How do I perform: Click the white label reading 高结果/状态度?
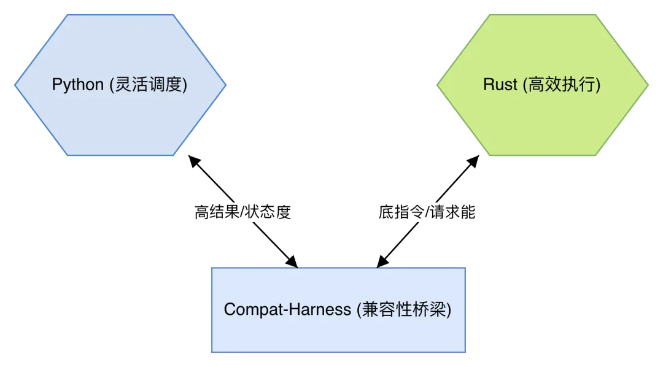point(242,213)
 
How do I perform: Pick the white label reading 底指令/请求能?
point(427,213)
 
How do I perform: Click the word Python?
point(77,85)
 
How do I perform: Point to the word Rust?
point(500,85)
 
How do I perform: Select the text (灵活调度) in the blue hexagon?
point(148,85)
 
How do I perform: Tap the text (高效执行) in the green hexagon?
point(562,85)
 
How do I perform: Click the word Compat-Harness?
point(288,309)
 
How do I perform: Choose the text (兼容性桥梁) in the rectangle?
point(404,309)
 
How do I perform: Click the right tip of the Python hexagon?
point(225,85)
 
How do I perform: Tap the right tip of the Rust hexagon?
point(648,85)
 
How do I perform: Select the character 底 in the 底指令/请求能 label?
point(386,213)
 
